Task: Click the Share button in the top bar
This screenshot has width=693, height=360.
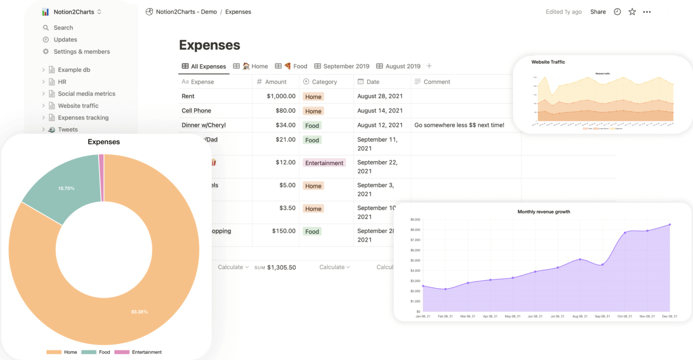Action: click(598, 12)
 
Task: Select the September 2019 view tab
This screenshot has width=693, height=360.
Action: click(346, 66)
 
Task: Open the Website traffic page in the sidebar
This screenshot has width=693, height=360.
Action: click(78, 106)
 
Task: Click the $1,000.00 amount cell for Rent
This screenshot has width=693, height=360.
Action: click(281, 96)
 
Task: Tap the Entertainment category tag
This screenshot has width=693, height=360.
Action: click(324, 163)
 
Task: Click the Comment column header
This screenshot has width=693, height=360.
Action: click(437, 82)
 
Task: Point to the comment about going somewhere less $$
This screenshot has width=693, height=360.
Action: click(459, 125)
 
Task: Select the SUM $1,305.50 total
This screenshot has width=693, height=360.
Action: click(275, 268)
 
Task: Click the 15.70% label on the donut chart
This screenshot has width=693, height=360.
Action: click(66, 189)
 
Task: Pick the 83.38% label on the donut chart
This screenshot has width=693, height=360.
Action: click(139, 312)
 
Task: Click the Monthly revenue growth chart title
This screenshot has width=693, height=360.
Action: click(544, 212)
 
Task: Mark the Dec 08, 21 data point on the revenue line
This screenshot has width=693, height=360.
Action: click(670, 225)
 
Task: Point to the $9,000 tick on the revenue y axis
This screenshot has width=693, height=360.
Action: click(415, 220)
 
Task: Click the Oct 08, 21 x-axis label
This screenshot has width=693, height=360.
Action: click(625, 316)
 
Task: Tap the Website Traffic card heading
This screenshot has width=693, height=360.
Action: click(548, 62)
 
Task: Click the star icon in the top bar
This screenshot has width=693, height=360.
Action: click(632, 12)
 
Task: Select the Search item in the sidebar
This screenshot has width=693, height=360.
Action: click(63, 28)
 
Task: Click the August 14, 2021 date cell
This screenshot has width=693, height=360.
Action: click(380, 111)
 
